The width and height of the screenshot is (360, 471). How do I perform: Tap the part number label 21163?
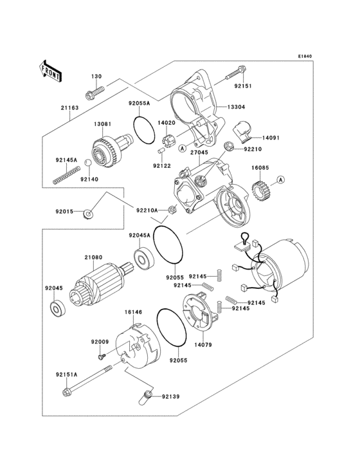coord(69,108)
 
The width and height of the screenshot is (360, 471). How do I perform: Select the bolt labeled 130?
coord(94,91)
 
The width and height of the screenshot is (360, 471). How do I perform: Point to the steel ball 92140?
coord(87,163)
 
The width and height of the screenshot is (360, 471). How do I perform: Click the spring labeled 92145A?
coord(66,176)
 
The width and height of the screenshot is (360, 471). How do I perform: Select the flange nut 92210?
coord(229,147)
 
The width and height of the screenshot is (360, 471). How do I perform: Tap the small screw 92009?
coord(102,356)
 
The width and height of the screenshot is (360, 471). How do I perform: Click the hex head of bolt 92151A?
coord(67,392)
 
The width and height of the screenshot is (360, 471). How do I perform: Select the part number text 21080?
coord(93,257)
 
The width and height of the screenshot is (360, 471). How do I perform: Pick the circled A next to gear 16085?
coord(281,180)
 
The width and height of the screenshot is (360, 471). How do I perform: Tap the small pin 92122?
coord(161,151)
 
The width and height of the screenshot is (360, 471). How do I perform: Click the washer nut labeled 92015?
coord(87,214)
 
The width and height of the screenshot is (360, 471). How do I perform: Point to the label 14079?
coord(203,345)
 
